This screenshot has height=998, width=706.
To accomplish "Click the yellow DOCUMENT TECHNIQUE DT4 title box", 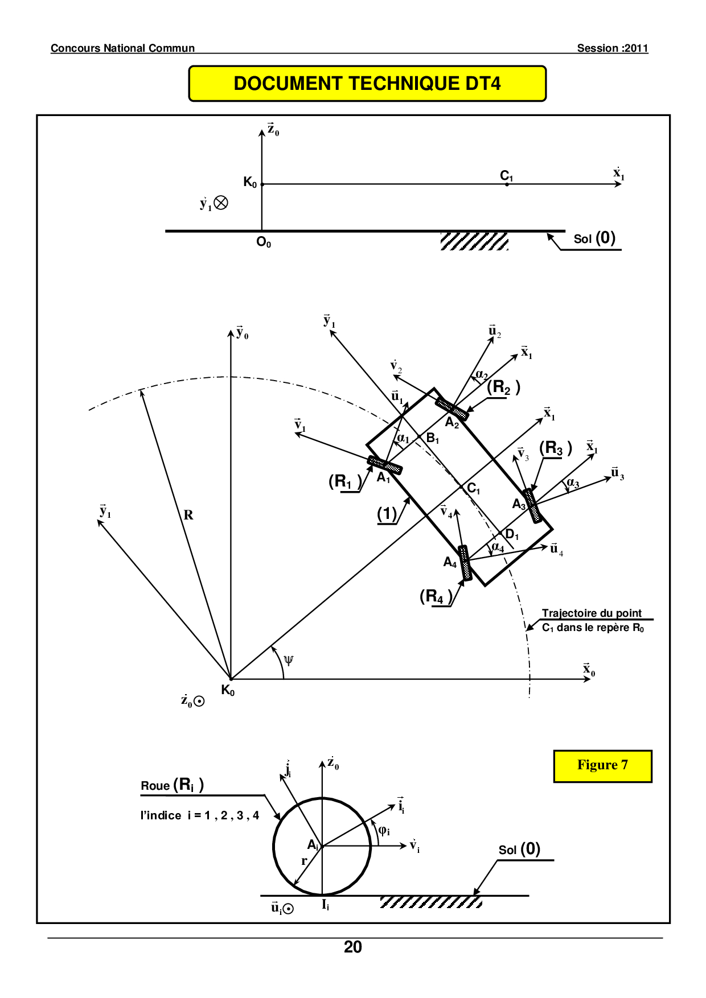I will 367,84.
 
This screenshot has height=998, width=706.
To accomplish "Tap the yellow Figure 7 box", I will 602,765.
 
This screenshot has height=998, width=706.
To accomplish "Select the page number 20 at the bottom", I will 353,947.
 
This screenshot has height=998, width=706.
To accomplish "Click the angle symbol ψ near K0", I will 289,660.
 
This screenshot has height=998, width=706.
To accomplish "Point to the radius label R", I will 188,515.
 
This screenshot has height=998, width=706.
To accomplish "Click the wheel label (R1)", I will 345,481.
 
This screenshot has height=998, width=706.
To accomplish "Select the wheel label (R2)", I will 503,387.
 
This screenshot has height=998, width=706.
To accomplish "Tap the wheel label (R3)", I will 555,448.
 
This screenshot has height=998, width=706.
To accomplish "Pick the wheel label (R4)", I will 436,596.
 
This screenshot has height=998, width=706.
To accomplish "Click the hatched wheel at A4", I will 465,563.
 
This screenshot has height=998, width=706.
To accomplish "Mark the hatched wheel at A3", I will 533,505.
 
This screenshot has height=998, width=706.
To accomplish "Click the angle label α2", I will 482,375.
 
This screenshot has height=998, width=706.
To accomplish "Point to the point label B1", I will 433,438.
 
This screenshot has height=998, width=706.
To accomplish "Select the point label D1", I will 512,534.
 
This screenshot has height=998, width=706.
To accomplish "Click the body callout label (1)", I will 387,514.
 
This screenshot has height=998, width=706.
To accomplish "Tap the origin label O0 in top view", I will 264,242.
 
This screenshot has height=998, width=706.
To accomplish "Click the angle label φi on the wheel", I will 384,830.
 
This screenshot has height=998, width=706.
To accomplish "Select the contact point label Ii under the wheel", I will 326,905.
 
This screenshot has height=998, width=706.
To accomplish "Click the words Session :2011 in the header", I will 613,48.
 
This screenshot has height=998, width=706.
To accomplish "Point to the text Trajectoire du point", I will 592,613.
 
